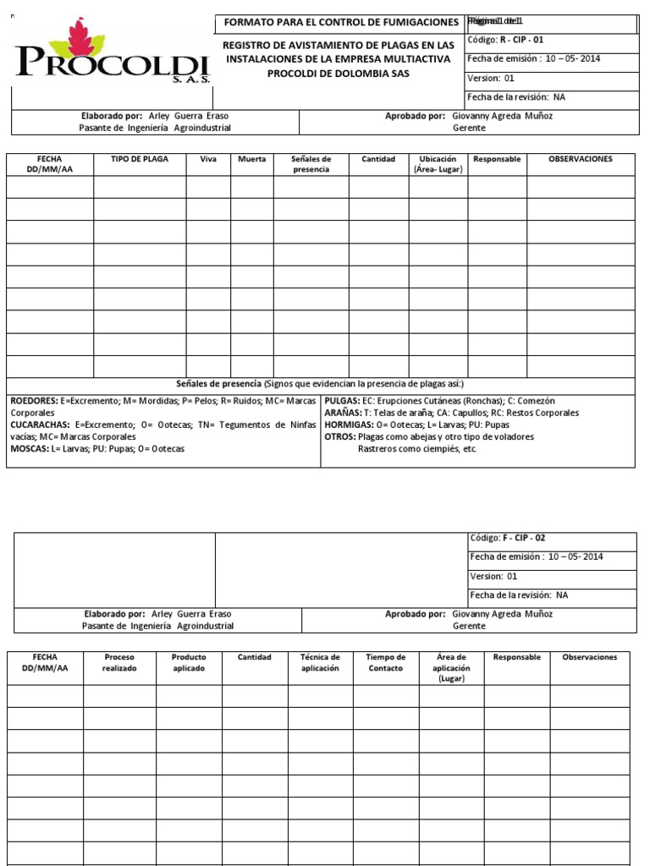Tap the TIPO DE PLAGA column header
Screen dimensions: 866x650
coord(140,159)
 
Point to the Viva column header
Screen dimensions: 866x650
coord(208,159)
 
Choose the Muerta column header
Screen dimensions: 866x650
coord(252,159)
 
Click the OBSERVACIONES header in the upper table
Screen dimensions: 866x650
coord(580,159)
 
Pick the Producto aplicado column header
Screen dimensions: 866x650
coord(189,662)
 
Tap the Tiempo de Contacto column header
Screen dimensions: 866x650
coord(385,662)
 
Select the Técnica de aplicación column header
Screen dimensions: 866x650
coord(320,662)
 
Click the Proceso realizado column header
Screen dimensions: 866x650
coord(119,662)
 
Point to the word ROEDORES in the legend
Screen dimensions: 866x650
coord(33,400)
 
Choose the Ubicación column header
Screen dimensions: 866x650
coord(438,164)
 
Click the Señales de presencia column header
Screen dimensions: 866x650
coord(311,164)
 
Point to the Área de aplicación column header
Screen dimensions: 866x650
coord(450,667)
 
